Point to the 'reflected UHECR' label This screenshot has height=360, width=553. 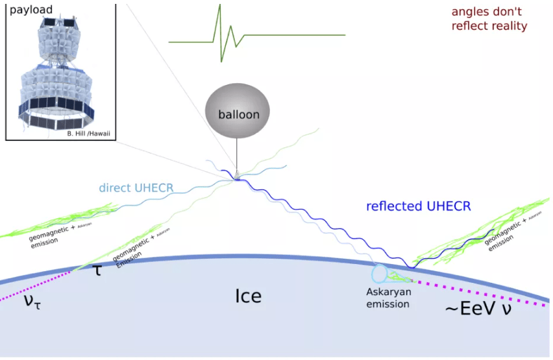pyautogui.click(x=418, y=206)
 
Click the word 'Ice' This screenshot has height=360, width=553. pyautogui.click(x=248, y=296)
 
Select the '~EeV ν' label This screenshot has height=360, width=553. pyautogui.click(x=477, y=310)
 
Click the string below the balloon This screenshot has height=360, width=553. pyautogui.click(x=236, y=156)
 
